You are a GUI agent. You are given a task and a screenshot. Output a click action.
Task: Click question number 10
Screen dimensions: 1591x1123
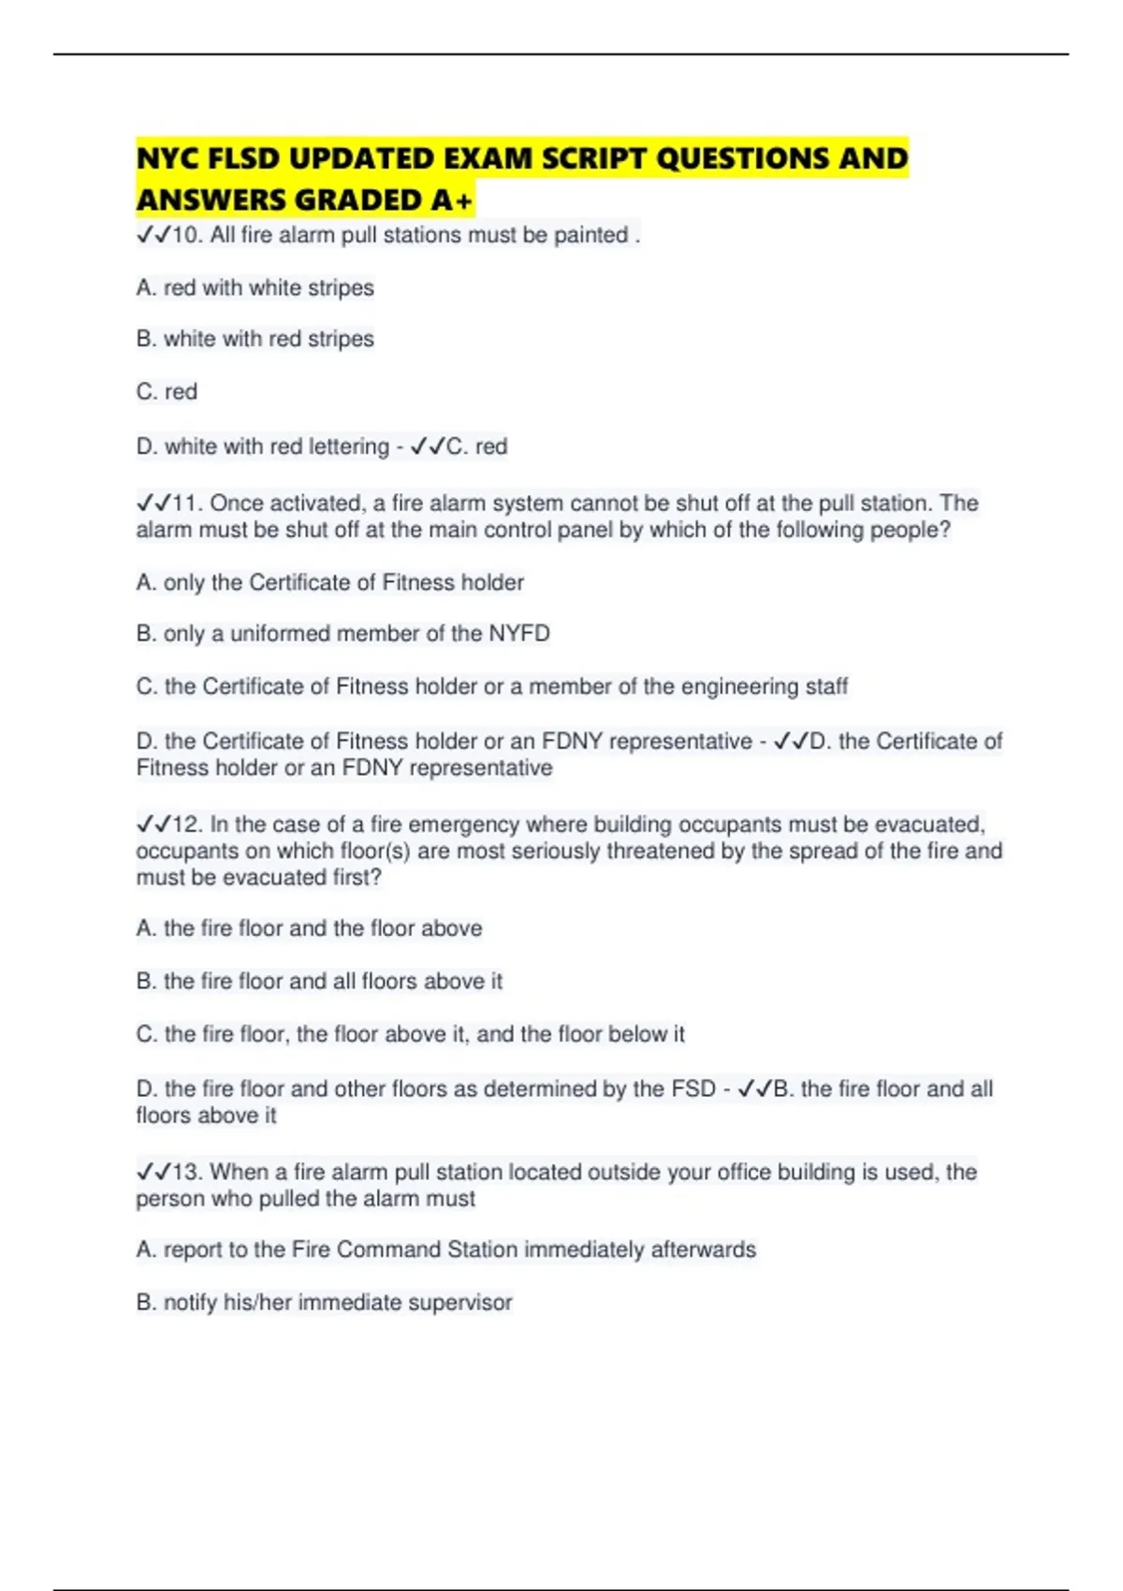(186, 235)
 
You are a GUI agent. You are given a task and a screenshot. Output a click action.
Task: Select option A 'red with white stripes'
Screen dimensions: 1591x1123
(255, 287)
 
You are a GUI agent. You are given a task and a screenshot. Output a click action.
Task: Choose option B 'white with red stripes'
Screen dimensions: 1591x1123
(255, 339)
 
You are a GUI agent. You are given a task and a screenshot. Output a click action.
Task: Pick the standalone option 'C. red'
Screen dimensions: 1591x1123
(167, 391)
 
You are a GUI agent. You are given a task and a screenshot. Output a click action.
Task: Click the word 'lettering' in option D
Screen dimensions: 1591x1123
(348, 446)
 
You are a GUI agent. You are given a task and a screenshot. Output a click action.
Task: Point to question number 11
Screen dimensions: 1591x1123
(186, 504)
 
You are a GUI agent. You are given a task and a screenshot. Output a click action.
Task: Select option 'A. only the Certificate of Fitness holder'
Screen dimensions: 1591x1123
(329, 582)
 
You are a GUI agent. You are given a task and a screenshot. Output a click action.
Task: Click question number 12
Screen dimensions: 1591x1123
(186, 825)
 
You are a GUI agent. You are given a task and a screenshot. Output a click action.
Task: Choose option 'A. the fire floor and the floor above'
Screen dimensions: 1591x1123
(309, 928)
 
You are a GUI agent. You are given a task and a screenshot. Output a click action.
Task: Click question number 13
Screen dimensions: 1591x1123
(186, 1172)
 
